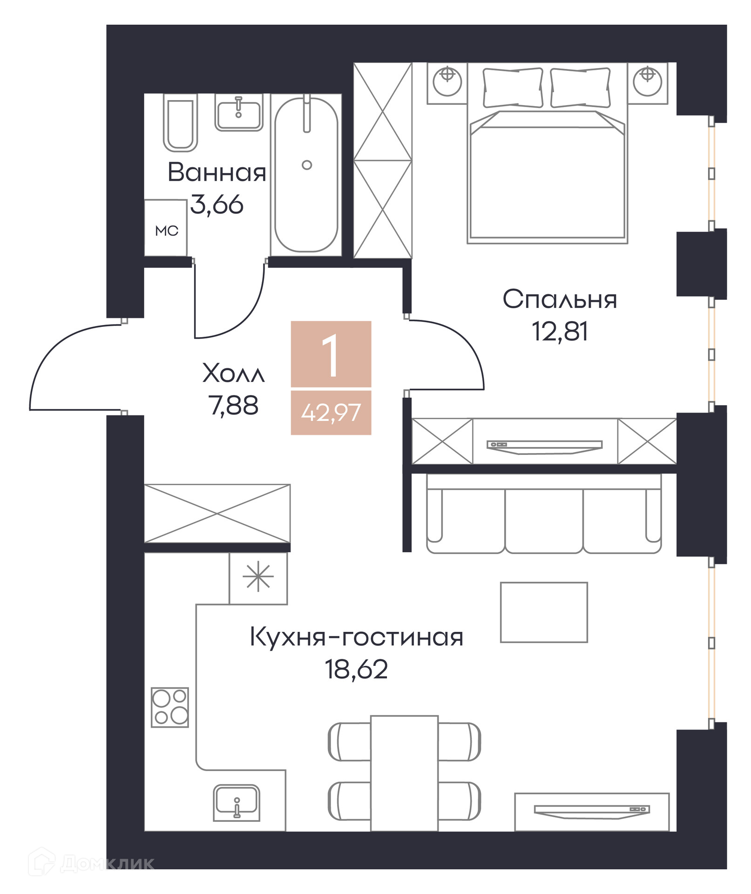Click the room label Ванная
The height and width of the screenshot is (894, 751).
point(217,173)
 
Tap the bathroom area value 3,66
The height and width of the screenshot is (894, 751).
point(217,205)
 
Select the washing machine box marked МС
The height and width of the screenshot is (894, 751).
point(166,228)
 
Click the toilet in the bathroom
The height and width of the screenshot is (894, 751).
point(180,122)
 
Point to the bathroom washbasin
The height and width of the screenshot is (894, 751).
point(239,112)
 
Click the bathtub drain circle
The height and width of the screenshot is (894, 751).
point(307,165)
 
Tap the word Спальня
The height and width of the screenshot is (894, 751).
point(560,299)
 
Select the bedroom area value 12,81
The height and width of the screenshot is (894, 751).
point(560,332)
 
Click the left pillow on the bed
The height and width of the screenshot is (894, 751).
point(513,88)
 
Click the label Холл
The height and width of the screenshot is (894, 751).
point(233,373)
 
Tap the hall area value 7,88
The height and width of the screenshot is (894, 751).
point(233,406)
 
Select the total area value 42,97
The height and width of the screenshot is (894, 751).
point(331,413)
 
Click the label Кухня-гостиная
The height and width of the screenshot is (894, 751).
point(357,637)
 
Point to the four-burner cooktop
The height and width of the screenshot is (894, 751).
point(170,707)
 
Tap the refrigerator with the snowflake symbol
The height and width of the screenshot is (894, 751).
point(258,578)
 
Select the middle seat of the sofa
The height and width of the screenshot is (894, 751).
point(544,519)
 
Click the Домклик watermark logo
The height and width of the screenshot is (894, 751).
point(91,864)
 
